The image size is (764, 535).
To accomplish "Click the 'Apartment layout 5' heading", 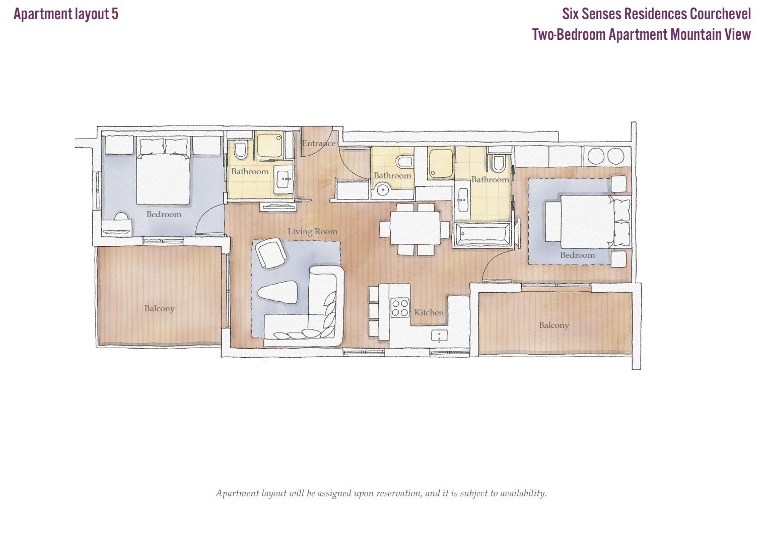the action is tap(66, 14).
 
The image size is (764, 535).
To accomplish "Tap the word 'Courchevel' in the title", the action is tap(720, 14).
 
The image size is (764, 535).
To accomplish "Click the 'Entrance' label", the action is tap(319, 143).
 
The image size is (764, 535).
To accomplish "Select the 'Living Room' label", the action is tap(312, 231).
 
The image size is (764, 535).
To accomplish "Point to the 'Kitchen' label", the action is tap(429, 312).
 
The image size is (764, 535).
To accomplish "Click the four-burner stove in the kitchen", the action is tap(400, 308).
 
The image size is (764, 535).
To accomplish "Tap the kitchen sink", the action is tap(439, 336).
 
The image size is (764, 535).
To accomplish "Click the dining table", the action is tap(415, 228).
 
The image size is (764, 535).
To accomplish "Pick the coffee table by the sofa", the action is tap(277, 292).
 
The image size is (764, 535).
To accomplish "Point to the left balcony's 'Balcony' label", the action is tap(159, 308).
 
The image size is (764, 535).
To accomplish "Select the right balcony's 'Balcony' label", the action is tap(554, 325).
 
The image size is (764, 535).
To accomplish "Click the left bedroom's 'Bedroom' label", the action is tap(164, 214).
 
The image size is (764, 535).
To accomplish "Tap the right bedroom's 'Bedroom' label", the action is tap(578, 255).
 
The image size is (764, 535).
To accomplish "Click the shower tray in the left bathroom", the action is tap(270, 146).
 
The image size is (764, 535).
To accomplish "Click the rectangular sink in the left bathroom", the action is tap(284, 179).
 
